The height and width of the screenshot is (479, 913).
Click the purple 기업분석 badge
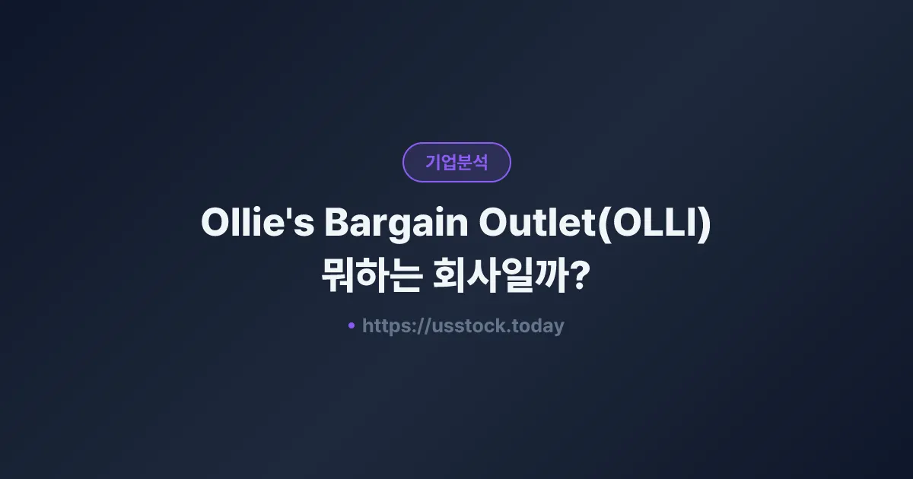[x=456, y=162]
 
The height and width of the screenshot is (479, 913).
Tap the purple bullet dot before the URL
[x=352, y=326]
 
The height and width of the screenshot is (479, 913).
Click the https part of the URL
[x=387, y=326]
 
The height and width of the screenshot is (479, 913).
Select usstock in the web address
[x=463, y=326]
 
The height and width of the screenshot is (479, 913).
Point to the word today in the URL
[x=539, y=326]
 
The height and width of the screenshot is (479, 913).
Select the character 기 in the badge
[x=433, y=162]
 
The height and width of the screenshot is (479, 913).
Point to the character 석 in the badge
[x=480, y=162]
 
